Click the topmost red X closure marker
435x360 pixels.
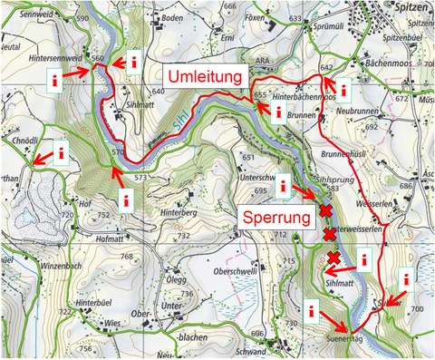[x=324, y=211]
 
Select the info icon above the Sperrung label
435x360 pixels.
[x=284, y=187]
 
